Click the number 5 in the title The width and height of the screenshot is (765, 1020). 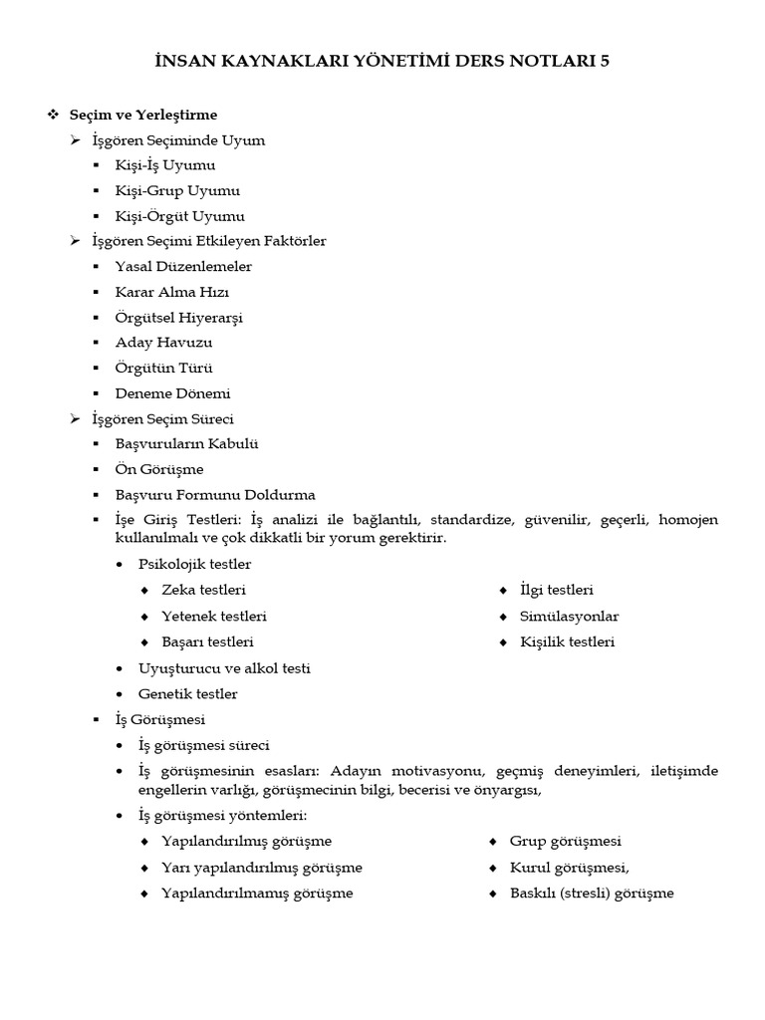603,62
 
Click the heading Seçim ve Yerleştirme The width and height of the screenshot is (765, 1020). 142,115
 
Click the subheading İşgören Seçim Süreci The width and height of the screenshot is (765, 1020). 162,418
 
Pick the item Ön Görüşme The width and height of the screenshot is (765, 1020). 159,469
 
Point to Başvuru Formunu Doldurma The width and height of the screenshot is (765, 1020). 216,494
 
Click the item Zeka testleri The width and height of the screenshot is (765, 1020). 204,590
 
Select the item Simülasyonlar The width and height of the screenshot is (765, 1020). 569,616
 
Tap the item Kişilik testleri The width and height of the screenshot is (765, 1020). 567,641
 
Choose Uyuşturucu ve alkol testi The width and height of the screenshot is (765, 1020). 225,667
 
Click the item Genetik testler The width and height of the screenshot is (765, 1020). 188,693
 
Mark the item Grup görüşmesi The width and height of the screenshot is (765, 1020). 565,841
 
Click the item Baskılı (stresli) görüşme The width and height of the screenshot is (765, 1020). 592,892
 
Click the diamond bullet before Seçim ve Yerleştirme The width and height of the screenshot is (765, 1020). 54,115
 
